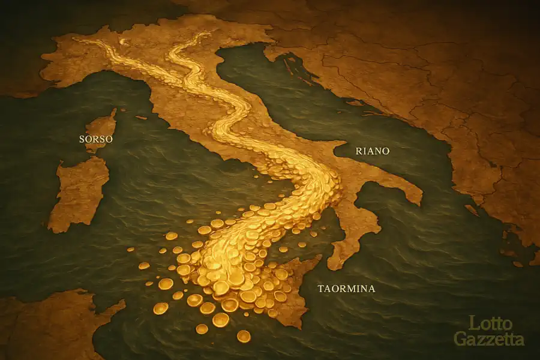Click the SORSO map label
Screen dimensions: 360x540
(x=96, y=139)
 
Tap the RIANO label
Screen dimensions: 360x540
(x=372, y=151)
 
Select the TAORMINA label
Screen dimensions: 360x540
(x=346, y=289)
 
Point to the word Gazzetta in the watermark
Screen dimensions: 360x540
(x=488, y=339)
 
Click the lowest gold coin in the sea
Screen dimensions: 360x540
(x=244, y=336)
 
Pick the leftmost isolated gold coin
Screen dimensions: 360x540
(x=144, y=265)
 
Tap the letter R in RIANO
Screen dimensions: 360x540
(x=359, y=151)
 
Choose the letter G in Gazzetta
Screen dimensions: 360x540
(x=460, y=339)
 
